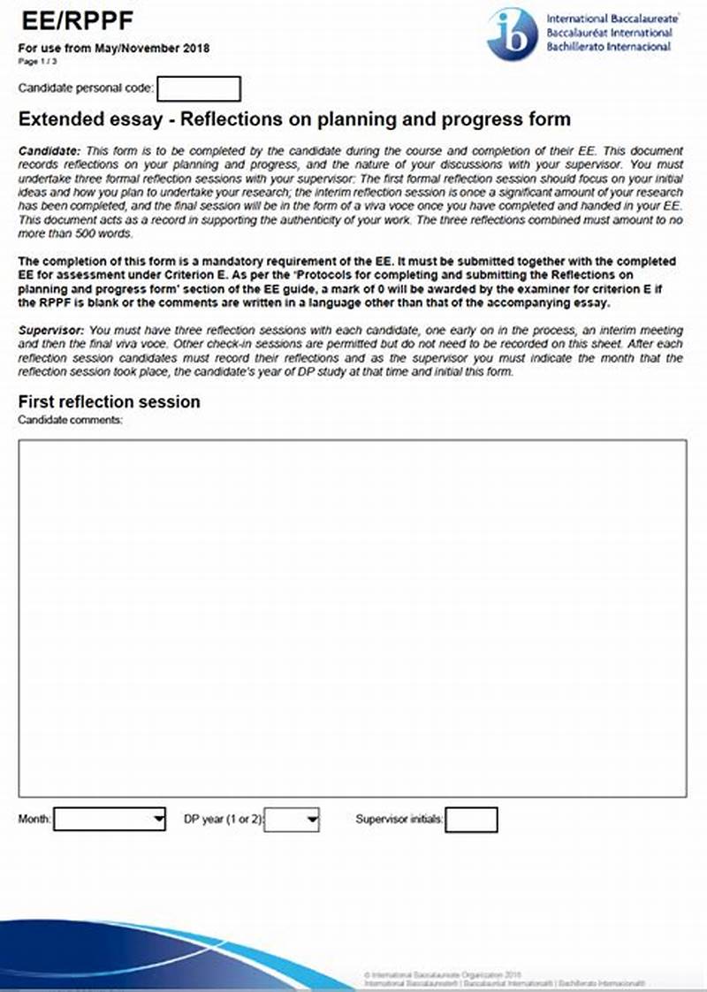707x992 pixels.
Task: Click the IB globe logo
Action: click(x=513, y=34)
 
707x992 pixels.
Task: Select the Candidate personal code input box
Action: click(x=199, y=88)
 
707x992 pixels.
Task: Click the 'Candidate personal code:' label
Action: click(x=87, y=88)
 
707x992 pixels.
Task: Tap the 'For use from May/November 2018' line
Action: click(x=115, y=49)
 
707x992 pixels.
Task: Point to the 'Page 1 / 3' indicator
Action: click(x=37, y=62)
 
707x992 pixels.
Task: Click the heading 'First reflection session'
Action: click(x=110, y=401)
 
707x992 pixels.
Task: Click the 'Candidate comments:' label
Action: click(x=71, y=419)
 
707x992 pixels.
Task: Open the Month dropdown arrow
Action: click(x=158, y=820)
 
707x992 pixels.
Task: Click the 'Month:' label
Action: click(x=35, y=820)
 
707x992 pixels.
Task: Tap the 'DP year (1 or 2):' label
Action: click(x=224, y=820)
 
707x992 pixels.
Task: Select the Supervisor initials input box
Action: click(x=471, y=820)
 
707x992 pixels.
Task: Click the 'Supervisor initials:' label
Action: click(x=399, y=820)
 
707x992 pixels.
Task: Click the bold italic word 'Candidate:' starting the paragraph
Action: click(x=49, y=152)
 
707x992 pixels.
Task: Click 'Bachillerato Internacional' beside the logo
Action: click(x=609, y=47)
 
